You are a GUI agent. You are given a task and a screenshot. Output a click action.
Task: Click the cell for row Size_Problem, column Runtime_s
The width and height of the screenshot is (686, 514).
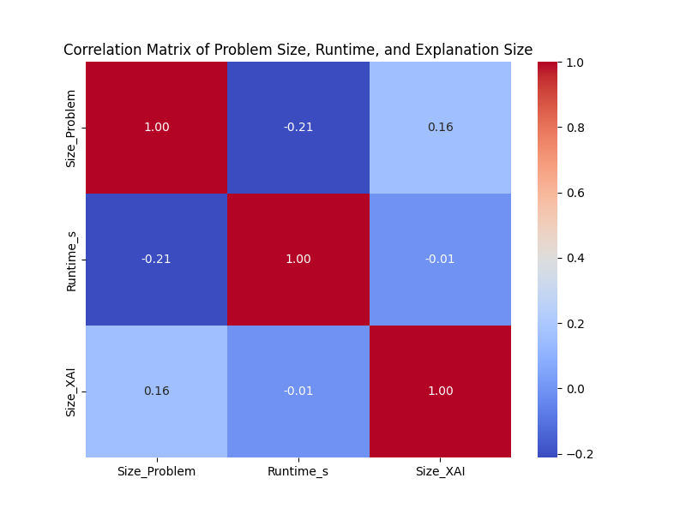point(298,128)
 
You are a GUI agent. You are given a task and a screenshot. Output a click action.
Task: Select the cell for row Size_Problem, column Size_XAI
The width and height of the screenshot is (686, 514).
point(440,128)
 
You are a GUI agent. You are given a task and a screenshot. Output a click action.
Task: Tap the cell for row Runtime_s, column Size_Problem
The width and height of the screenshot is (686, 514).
point(156,260)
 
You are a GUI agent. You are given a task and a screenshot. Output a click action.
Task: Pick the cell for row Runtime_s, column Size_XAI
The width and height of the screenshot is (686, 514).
point(440,260)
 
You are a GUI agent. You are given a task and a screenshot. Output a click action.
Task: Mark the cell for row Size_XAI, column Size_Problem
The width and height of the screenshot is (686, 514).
point(156,391)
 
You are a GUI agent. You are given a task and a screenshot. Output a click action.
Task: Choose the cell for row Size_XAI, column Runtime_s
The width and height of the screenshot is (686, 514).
point(298,391)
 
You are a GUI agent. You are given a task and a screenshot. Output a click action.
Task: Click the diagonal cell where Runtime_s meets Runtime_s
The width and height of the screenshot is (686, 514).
point(298,260)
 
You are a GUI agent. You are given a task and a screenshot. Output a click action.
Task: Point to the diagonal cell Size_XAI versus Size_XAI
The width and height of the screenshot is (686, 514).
point(440,391)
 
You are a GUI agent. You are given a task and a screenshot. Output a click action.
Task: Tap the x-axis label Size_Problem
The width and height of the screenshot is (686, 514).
point(156,472)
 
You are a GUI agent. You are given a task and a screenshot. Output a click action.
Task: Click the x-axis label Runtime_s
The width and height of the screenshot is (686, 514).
point(298,472)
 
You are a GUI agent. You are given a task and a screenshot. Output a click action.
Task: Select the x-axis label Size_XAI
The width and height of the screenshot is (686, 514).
point(440,472)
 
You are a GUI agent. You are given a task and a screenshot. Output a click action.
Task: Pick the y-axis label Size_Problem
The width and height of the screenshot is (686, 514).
point(72,128)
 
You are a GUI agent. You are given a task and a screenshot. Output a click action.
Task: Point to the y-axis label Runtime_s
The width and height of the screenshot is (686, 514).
point(72,260)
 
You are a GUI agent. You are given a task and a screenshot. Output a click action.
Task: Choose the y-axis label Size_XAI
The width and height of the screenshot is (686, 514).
point(72,391)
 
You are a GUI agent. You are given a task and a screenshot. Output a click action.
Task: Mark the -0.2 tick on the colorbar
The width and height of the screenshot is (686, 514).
point(580,454)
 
